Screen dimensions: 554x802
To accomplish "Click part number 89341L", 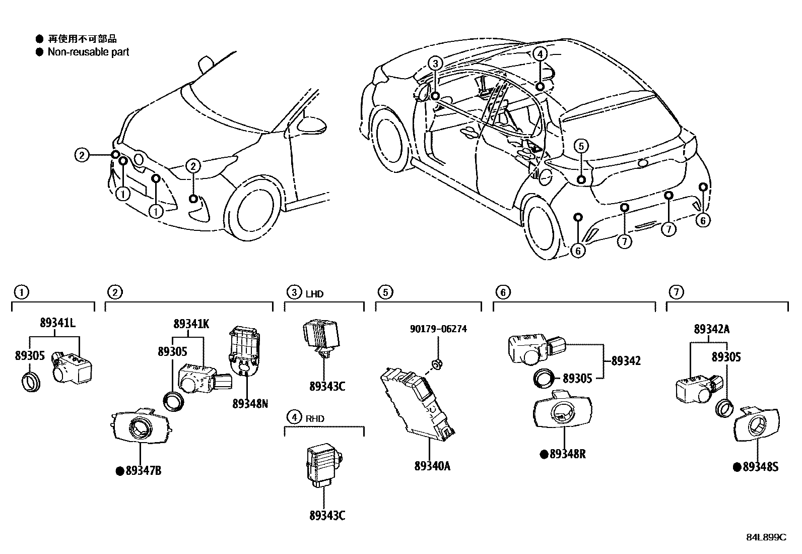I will (x=58, y=324).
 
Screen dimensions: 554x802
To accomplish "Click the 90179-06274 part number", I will (x=438, y=329).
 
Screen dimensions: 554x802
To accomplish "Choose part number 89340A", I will (x=432, y=466).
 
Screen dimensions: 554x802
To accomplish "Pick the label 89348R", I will (x=567, y=454).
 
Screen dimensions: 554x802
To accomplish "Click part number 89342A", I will (x=711, y=329).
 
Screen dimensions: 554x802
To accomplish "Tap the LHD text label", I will (x=314, y=293).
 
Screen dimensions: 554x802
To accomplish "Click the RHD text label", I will (x=315, y=418).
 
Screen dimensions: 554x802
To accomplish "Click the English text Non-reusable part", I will (x=88, y=52).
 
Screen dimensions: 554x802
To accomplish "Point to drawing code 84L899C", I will (x=766, y=537).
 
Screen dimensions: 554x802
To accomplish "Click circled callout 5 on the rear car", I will (x=580, y=146).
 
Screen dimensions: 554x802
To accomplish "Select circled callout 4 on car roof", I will (x=539, y=54).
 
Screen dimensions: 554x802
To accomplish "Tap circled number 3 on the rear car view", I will (x=435, y=64).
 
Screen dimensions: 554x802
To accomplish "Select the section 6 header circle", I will (x=502, y=291).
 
